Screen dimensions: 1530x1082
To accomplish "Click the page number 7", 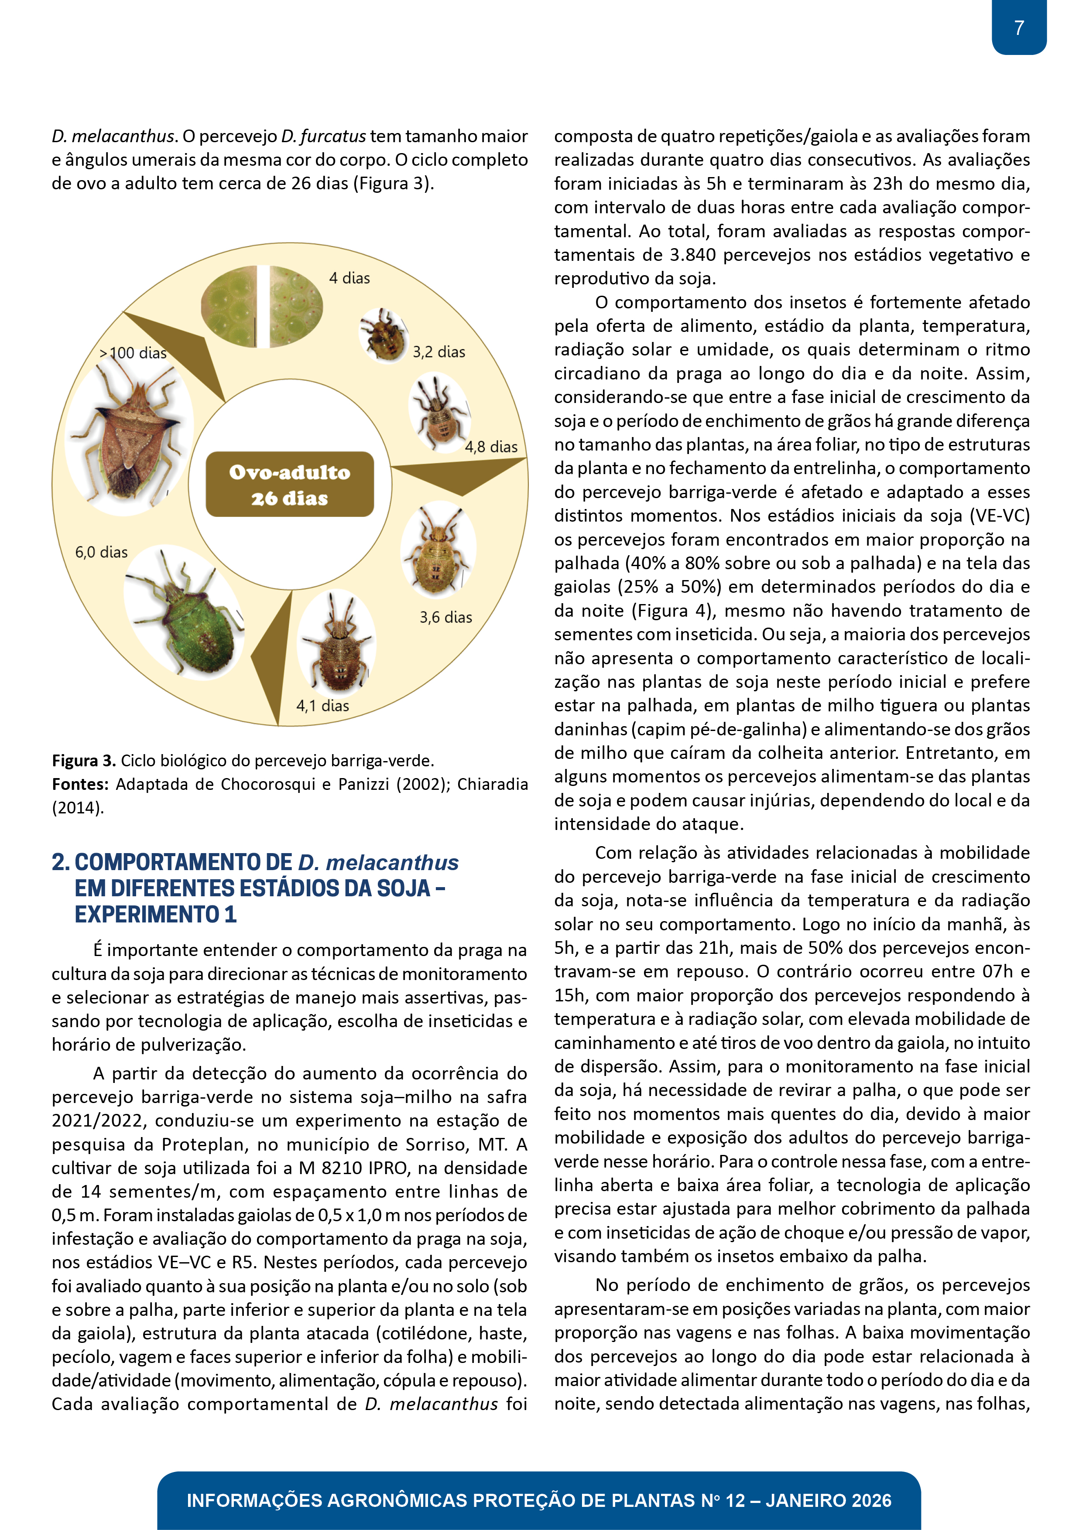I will (x=1019, y=28).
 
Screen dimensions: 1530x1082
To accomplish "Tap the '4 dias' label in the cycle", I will (x=349, y=279).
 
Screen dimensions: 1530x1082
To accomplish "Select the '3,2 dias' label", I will (x=438, y=352).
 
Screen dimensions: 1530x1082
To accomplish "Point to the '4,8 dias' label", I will (x=491, y=447).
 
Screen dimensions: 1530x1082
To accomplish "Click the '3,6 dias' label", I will (x=445, y=618).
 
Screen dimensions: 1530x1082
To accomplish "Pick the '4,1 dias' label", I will (x=323, y=706).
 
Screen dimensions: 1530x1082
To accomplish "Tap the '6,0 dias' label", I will (x=101, y=553).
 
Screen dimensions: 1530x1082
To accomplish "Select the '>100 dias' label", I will (x=133, y=353).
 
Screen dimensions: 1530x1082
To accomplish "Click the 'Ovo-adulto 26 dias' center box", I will (x=289, y=485).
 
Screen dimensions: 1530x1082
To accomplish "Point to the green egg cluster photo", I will (x=262, y=307).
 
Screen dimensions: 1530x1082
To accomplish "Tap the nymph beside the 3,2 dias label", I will (x=384, y=335).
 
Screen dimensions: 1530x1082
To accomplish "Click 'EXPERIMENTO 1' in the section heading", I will (x=155, y=914).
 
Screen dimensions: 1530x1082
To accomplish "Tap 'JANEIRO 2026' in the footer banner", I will (x=828, y=1501).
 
